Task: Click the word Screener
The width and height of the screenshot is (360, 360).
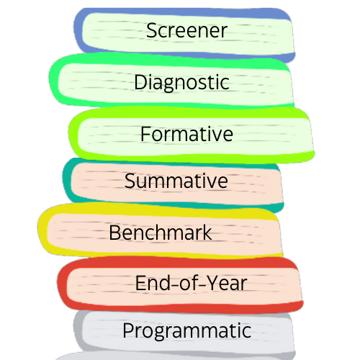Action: (186, 30)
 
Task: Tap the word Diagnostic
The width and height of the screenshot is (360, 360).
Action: (181, 83)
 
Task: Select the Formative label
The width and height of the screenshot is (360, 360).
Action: (186, 134)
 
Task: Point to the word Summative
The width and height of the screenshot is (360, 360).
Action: (176, 181)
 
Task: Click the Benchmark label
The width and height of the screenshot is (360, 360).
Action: (161, 233)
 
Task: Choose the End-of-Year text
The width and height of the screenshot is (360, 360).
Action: (191, 283)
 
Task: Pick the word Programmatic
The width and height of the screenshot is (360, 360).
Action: (187, 331)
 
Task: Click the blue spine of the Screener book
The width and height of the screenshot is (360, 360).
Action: (78, 31)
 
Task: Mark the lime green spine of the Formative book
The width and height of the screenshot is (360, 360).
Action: (73, 135)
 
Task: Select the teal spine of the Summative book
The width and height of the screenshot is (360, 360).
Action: (67, 180)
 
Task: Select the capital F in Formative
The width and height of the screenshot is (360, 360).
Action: (145, 134)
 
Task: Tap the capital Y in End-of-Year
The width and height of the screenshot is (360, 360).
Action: (213, 283)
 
